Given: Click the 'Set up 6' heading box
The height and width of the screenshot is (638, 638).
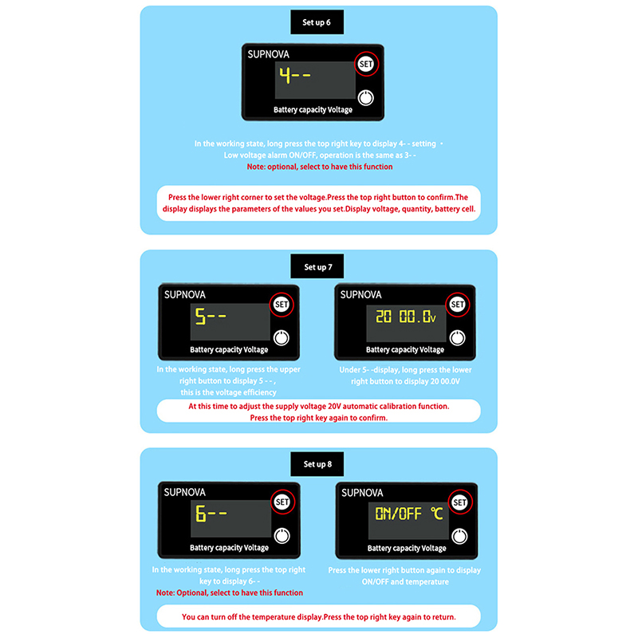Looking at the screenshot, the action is tap(317, 22).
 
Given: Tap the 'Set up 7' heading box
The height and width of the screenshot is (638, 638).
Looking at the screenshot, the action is tap(317, 266).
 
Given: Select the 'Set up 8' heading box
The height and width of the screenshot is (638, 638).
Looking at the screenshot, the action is tap(317, 464).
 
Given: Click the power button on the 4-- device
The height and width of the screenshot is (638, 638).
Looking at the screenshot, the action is tap(365, 98).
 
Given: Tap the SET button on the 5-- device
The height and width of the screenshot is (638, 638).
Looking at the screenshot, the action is tap(282, 305).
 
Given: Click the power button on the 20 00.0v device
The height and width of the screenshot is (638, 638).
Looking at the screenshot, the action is tap(457, 337).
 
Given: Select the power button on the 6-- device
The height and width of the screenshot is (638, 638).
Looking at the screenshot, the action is tap(282, 536).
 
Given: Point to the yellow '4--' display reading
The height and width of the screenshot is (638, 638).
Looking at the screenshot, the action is tap(295, 75).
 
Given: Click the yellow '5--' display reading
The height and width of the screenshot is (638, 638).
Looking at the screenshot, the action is tap(211, 316).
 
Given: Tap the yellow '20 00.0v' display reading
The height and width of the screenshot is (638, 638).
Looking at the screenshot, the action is tap(406, 316).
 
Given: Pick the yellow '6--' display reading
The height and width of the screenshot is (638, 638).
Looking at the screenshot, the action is tap(211, 514).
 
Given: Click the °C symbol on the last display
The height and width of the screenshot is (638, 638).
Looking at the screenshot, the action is tap(437, 514).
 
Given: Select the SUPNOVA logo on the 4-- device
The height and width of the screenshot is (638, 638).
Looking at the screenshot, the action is tap(268, 54).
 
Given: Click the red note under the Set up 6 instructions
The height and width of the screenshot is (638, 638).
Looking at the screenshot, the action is tap(320, 167).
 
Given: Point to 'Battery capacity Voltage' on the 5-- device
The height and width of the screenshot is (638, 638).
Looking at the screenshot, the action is tap(229, 349).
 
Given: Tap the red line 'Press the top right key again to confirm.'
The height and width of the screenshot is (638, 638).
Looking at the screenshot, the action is tap(318, 417).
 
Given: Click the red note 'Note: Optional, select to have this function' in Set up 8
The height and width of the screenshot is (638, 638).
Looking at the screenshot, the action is tap(230, 593).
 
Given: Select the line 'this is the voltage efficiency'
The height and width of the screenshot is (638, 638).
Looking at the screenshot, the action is tap(228, 392).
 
